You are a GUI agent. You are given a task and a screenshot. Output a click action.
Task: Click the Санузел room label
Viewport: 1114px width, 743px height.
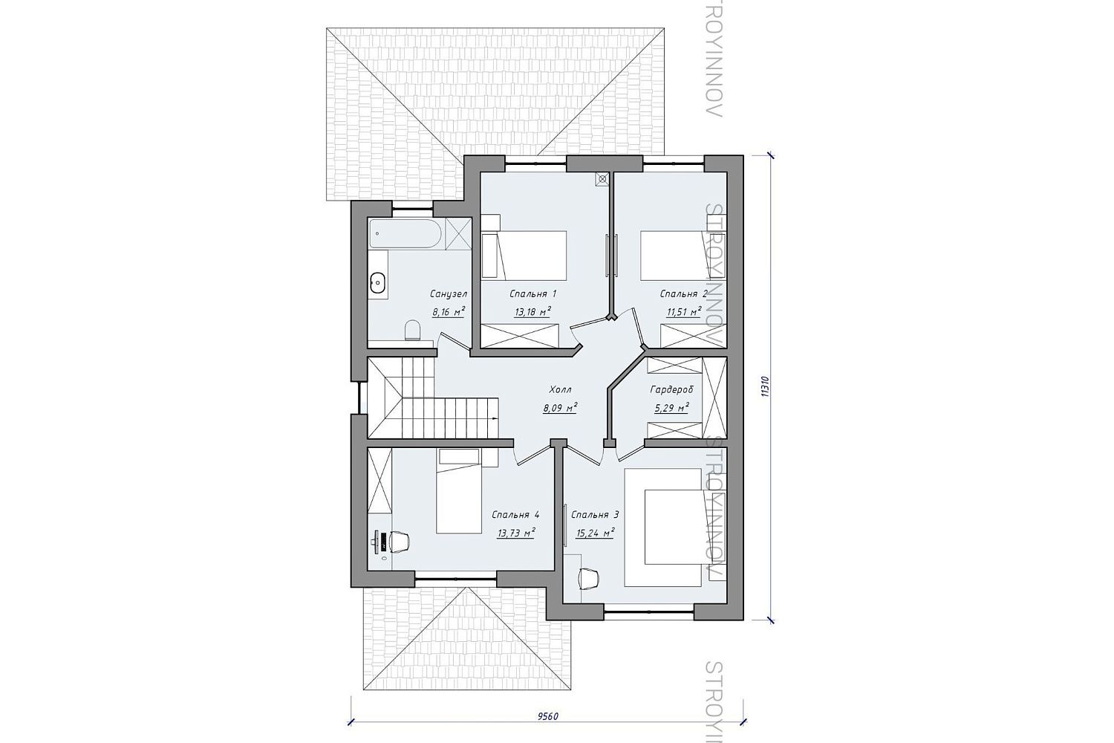click(449, 294)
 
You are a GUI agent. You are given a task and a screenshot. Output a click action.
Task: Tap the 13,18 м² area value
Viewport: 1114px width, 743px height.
click(532, 312)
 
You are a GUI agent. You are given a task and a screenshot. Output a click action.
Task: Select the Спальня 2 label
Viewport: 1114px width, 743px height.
click(683, 294)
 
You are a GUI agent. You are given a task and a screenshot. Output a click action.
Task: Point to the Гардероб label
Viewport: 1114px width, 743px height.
click(671, 389)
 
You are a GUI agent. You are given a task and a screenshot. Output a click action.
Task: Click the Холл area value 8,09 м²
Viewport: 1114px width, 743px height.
click(560, 409)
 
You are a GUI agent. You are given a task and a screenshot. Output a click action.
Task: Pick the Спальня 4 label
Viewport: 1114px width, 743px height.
click(515, 515)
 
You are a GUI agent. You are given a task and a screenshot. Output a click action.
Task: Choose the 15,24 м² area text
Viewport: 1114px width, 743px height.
click(594, 533)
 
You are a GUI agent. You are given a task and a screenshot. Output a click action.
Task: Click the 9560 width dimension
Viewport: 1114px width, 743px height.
click(548, 730)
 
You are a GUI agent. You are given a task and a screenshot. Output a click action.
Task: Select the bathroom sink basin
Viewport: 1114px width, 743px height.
click(377, 285)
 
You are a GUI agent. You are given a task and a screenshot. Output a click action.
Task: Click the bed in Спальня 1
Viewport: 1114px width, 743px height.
click(532, 254)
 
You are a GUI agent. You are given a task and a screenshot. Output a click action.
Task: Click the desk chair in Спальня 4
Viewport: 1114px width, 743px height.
click(399, 542)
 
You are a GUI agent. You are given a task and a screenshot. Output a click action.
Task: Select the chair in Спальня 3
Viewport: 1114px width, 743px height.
click(589, 579)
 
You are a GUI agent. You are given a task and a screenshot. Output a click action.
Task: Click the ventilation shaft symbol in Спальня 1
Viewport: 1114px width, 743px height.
click(603, 179)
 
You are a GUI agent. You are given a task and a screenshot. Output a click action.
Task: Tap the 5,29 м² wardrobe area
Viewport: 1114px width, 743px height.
click(671, 409)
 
